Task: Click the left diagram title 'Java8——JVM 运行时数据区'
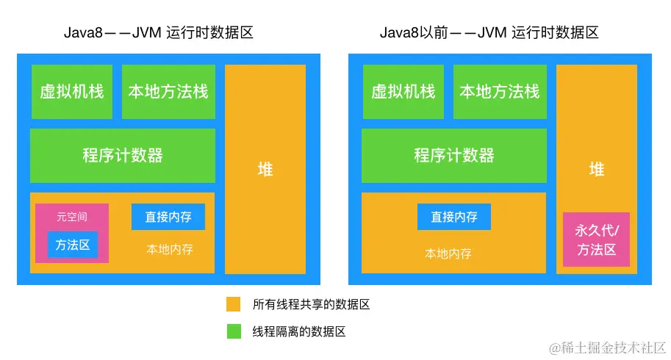[158, 32]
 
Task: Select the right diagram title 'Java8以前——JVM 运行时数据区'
[489, 32]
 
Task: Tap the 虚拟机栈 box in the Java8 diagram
[72, 92]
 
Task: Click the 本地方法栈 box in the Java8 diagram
[168, 92]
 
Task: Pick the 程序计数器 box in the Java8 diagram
[123, 156]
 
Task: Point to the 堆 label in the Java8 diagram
[265, 170]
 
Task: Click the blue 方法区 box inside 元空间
[73, 245]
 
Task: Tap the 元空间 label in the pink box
[72, 217]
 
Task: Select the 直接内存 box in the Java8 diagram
[168, 217]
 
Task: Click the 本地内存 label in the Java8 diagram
[170, 249]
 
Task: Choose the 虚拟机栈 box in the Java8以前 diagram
[403, 92]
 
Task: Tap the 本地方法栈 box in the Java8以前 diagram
[500, 92]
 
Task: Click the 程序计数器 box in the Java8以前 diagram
[454, 156]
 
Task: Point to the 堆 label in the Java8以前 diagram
[597, 170]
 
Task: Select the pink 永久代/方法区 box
[597, 240]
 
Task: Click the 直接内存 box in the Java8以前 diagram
[454, 217]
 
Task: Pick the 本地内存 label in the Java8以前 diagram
[448, 253]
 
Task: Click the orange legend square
[234, 304]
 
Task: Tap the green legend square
[234, 331]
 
